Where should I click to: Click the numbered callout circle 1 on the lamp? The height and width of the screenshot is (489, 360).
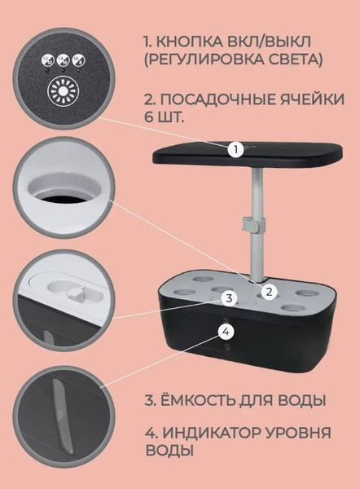235,149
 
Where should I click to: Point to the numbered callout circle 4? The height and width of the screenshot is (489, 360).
226,331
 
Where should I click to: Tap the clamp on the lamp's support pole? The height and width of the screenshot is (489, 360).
252,224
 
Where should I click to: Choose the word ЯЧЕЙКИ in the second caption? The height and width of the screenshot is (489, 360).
315,99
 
